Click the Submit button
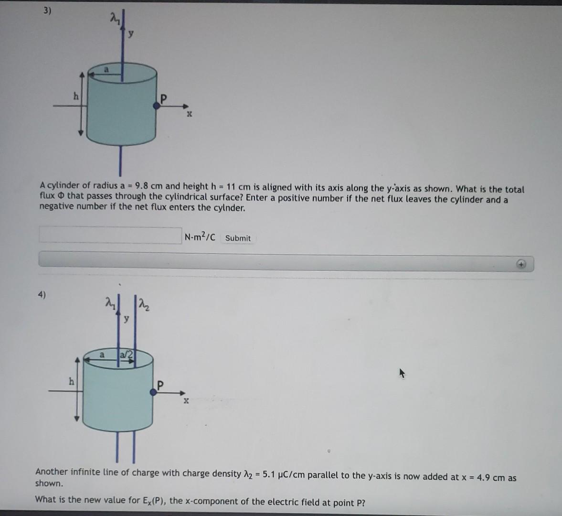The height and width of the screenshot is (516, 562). click(238, 238)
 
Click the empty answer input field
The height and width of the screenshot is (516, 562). click(110, 235)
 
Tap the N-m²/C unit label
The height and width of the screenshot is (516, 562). click(200, 237)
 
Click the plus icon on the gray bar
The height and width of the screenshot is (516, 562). click(522, 264)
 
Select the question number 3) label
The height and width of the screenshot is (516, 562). click(46, 11)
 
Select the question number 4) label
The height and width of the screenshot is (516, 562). click(42, 295)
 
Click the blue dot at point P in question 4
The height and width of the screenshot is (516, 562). click(153, 392)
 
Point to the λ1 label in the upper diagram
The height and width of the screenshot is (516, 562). click(114, 19)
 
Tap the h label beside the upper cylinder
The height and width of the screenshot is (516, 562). click(75, 96)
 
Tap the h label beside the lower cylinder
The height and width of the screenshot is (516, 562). click(72, 381)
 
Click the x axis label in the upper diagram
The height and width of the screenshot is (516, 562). click(189, 115)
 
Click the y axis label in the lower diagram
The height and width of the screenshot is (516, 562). click(126, 319)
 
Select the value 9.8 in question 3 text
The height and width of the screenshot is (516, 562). click(143, 186)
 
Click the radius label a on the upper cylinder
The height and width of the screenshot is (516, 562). click(107, 70)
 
